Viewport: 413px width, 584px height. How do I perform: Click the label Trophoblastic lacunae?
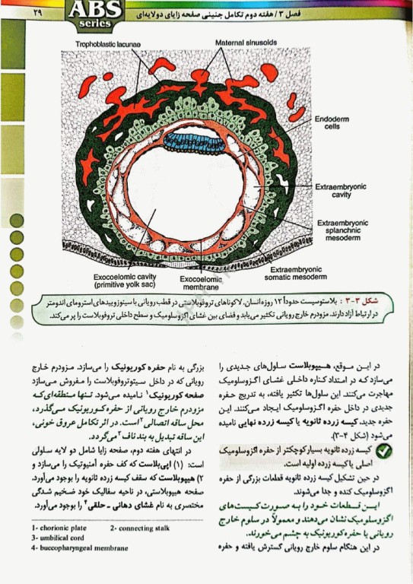(x=108, y=45)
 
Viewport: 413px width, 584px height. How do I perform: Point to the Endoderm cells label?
(x=332, y=122)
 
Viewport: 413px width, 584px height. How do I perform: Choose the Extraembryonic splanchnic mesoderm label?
(x=342, y=230)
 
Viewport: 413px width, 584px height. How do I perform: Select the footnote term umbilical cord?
(x=64, y=537)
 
